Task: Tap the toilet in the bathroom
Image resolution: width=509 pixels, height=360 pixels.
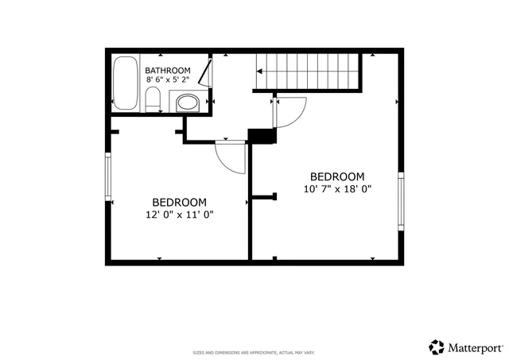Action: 156,101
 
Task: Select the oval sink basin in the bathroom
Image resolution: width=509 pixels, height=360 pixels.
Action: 188,103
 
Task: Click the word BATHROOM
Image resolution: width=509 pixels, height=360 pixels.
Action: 167,70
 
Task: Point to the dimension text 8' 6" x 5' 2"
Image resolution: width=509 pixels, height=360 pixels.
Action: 167,79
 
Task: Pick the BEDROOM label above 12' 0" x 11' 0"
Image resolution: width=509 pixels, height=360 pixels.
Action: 180,202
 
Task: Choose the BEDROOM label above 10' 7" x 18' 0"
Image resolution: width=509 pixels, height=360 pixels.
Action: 337,176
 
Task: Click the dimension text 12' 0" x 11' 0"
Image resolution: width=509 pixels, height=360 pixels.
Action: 180,214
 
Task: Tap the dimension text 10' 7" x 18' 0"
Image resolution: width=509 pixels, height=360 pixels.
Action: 337,189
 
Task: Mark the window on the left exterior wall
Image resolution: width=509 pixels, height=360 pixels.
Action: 108,176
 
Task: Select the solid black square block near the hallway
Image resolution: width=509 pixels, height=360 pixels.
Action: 260,136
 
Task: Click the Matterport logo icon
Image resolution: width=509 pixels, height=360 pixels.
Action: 437,346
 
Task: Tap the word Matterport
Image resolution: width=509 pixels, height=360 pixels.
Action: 475,347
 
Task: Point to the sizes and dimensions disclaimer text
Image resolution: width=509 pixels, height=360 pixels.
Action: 254,352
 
